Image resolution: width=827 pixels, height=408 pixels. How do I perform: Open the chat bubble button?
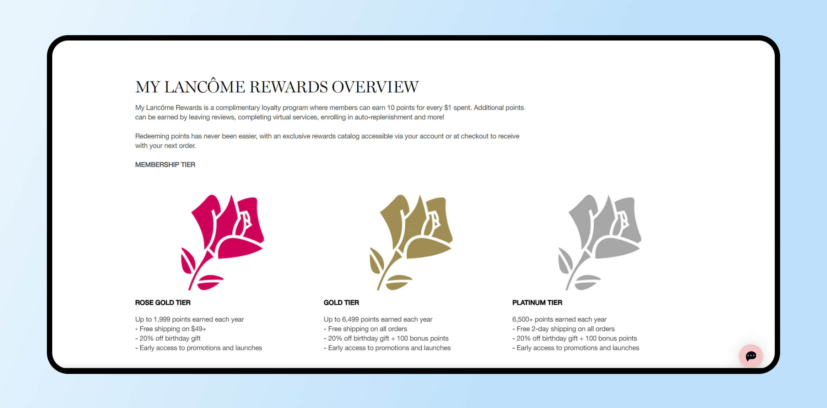tap(751, 356)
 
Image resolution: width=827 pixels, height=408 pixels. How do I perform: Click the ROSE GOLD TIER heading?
tap(163, 303)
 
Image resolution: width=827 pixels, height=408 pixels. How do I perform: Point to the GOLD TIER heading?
tap(341, 303)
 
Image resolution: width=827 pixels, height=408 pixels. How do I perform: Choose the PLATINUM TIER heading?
tap(537, 303)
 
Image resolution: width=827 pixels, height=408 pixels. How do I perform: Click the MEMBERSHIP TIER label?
tap(165, 165)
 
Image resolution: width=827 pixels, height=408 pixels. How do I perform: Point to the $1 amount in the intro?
tap(448, 108)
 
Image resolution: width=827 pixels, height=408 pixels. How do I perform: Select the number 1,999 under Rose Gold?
tap(162, 320)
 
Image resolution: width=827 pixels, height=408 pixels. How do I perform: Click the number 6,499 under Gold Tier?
tap(350, 320)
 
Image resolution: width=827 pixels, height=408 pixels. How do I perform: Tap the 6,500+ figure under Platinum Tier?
tap(523, 320)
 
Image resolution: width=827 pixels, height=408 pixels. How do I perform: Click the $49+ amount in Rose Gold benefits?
tap(199, 329)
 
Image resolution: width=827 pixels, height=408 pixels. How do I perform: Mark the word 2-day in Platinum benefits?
tap(540, 329)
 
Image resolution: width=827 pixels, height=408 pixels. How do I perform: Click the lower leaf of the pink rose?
tap(210, 282)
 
